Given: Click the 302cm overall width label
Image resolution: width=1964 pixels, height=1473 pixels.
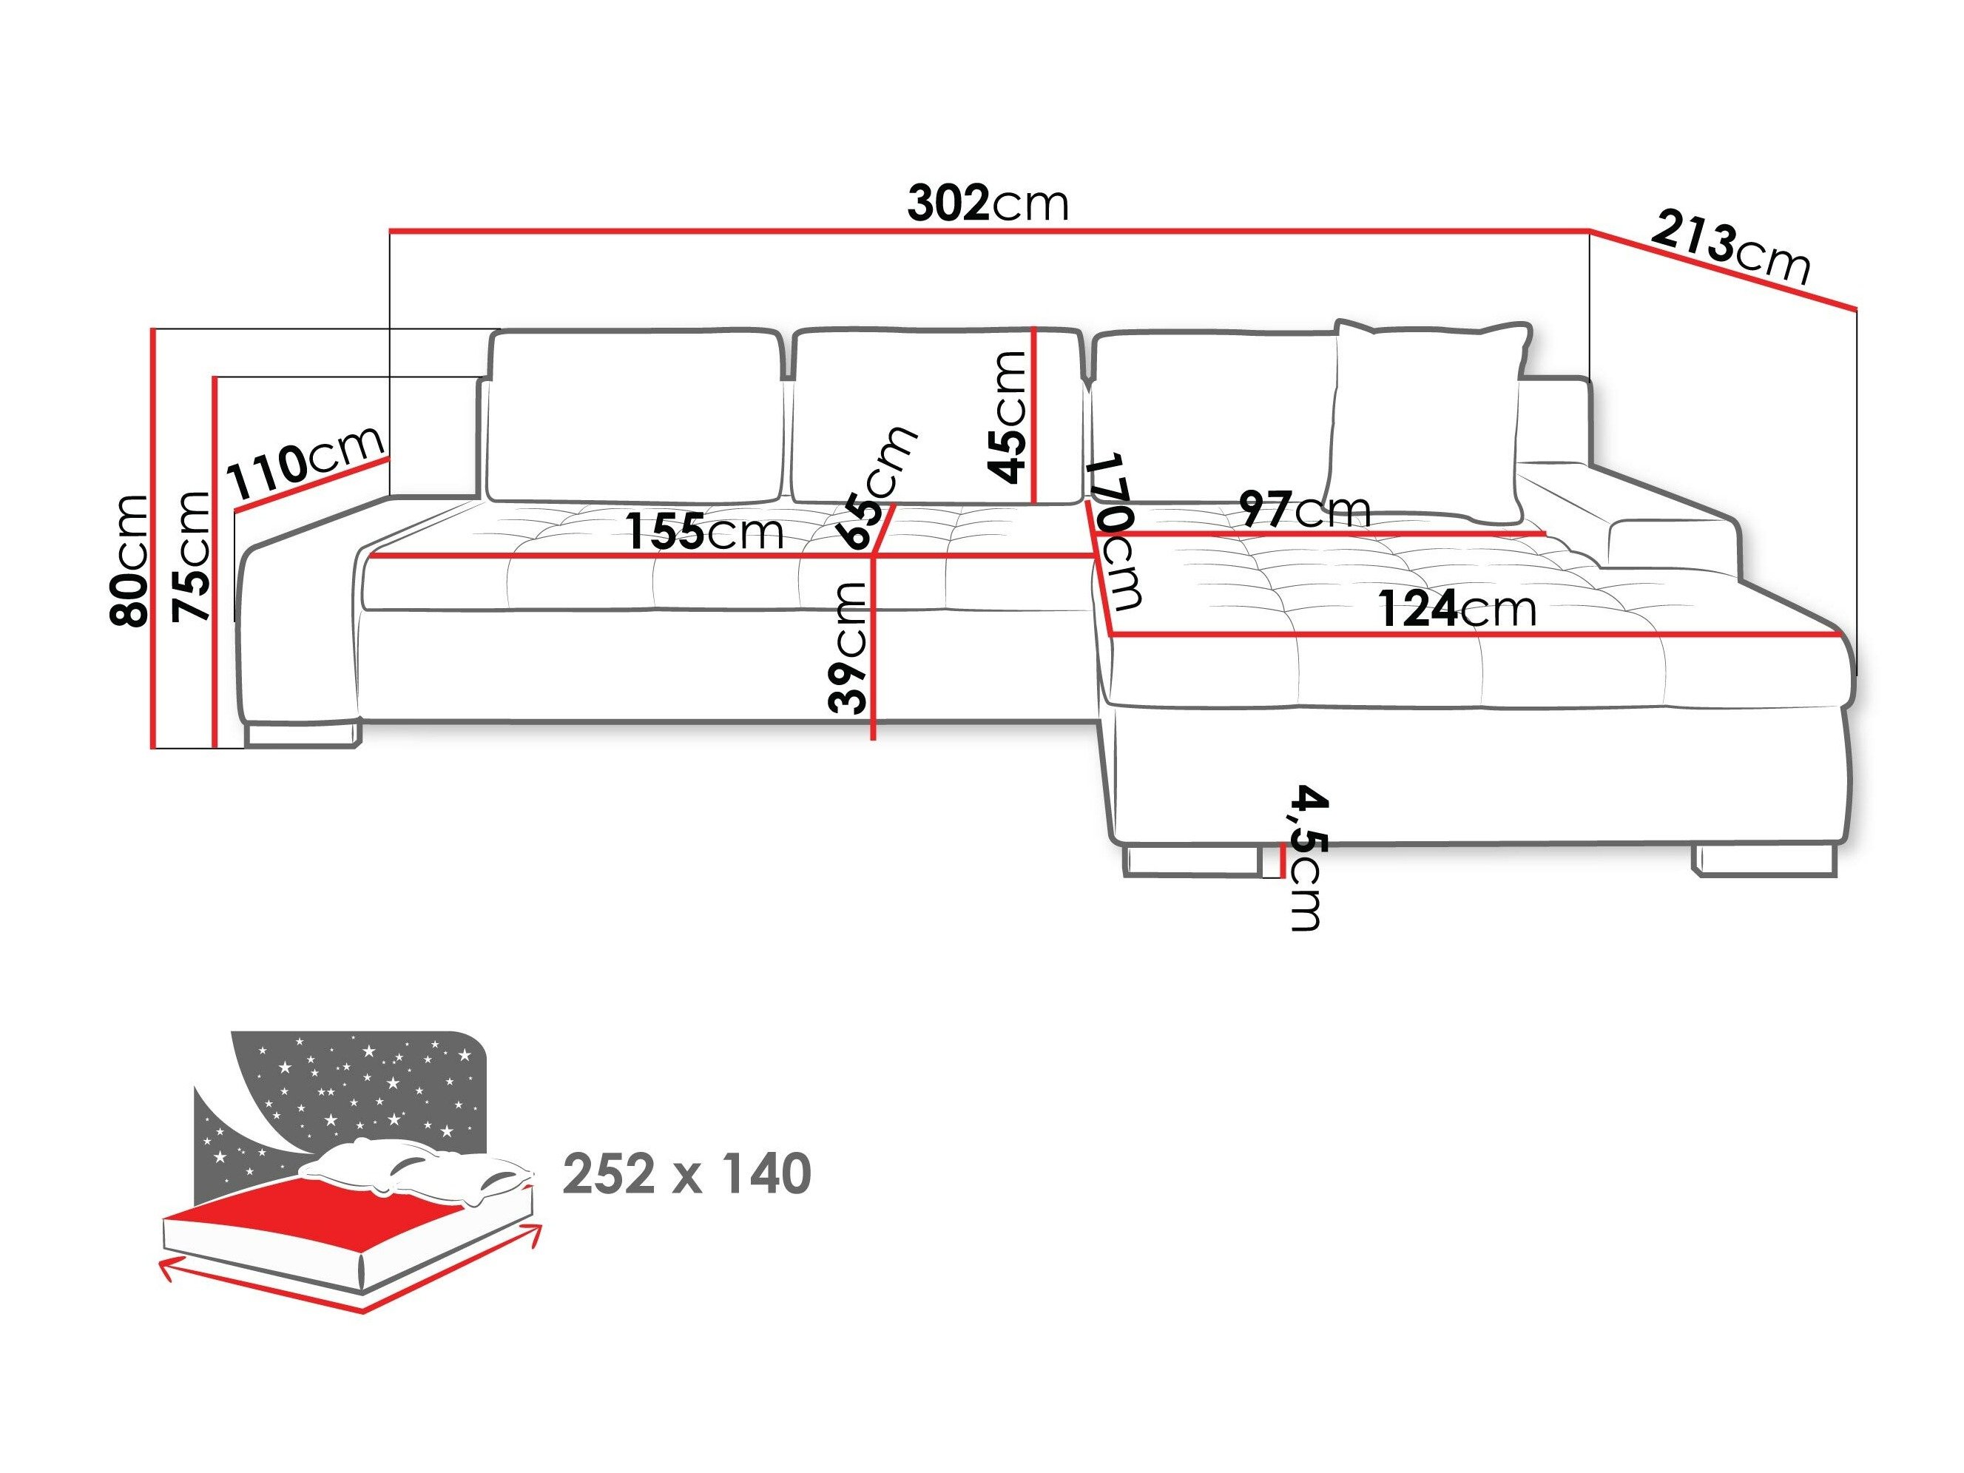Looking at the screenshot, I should tap(988, 203).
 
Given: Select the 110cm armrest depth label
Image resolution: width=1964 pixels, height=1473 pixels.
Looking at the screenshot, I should tap(306, 462).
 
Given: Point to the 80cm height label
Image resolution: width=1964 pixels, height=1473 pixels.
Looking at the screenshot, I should tap(128, 560).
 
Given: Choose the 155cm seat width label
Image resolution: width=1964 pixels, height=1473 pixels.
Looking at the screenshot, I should tap(705, 532).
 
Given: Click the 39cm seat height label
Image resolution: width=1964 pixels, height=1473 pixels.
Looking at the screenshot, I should tap(847, 647).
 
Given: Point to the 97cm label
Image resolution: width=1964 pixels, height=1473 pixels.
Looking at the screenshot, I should tap(1304, 509).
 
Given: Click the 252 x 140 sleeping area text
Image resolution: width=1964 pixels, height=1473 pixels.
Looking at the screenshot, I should tap(686, 1174).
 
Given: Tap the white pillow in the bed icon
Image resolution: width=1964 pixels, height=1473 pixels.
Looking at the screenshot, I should tap(417, 1172).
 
